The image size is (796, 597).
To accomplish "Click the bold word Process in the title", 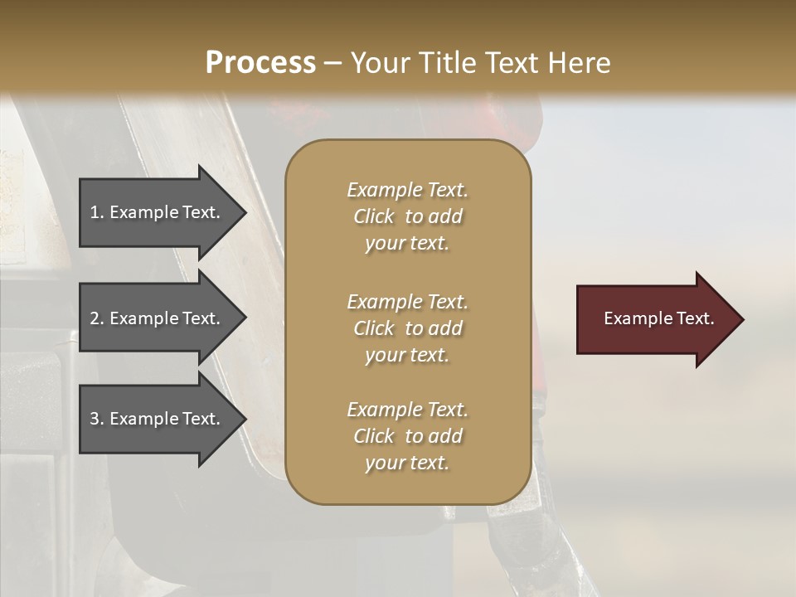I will point(260,63).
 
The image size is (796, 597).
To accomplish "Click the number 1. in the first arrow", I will point(97,212).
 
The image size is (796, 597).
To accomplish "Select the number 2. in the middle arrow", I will point(97,318).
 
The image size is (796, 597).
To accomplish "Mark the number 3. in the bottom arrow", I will point(97,419).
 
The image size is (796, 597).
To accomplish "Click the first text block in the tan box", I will point(407,216).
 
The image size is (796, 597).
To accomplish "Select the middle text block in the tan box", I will point(407,328).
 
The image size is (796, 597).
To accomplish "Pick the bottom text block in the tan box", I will point(407,436).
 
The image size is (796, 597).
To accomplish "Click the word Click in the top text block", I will point(374,216).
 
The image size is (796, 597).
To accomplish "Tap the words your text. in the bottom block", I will point(407,463).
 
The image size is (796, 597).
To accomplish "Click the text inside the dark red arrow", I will point(658,318).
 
